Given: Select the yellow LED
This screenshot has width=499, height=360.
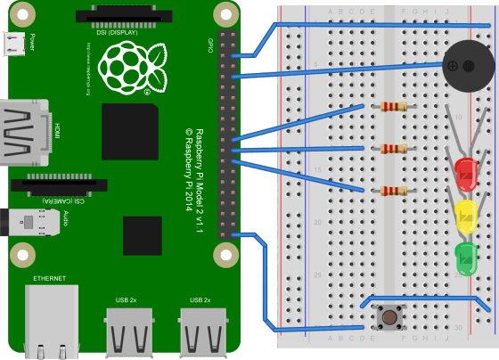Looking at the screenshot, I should pyautogui.click(x=465, y=215).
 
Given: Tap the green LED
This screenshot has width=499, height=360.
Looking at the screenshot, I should pyautogui.click(x=465, y=258).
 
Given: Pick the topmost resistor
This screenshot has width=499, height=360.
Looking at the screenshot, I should pyautogui.click(x=393, y=108).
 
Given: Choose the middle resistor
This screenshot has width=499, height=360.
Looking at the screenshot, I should pyautogui.click(x=393, y=149).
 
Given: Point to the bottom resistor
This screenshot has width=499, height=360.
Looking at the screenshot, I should pyautogui.click(x=393, y=191).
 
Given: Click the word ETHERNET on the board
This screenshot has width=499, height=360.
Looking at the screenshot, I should pyautogui.click(x=49, y=279).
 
